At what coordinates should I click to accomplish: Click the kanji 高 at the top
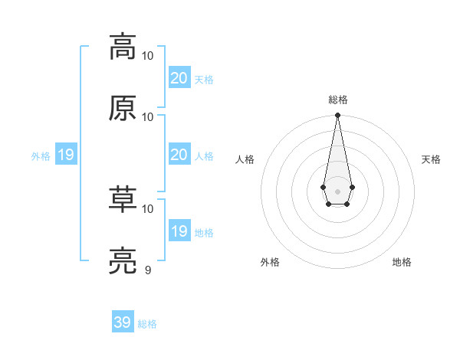click(123, 47)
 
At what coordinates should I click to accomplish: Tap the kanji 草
click(123, 199)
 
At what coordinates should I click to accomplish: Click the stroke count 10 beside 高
click(148, 56)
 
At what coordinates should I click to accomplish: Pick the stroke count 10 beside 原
click(148, 116)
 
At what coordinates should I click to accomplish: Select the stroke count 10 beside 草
click(148, 208)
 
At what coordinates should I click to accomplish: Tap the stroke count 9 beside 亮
click(148, 270)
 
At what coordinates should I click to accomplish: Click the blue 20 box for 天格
click(179, 78)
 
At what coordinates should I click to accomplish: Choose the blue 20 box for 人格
click(179, 155)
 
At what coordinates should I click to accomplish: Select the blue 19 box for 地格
click(179, 231)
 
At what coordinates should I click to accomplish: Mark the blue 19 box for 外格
click(65, 155)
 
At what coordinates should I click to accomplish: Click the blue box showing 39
click(123, 322)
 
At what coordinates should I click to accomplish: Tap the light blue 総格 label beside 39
click(147, 324)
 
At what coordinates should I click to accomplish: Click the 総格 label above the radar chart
click(337, 100)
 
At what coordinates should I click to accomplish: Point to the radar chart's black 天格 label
click(431, 159)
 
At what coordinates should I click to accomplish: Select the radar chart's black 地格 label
click(402, 262)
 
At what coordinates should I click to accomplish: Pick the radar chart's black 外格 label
click(270, 262)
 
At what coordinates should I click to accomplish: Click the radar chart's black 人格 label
click(245, 159)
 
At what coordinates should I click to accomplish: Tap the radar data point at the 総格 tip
click(337, 116)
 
